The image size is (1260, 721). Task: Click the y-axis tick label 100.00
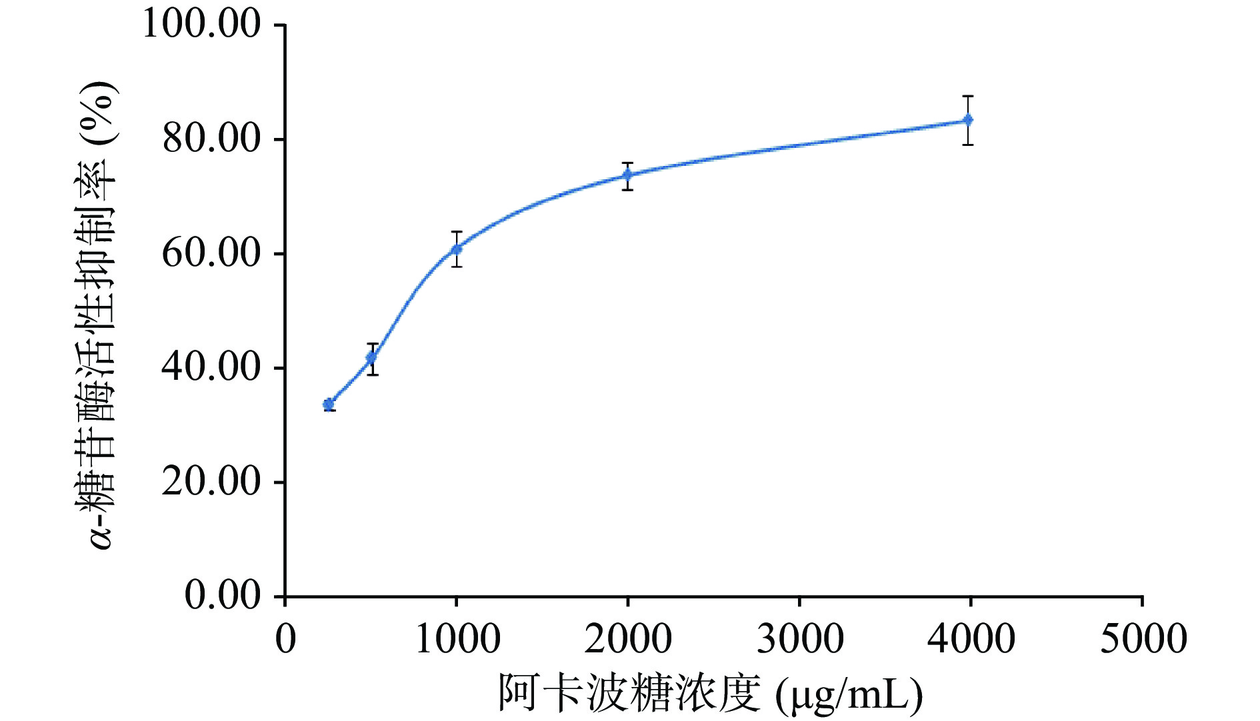click(x=201, y=25)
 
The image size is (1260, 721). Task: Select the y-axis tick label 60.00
click(x=211, y=253)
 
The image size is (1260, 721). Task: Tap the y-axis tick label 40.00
click(x=211, y=367)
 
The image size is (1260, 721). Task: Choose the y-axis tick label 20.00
click(x=211, y=482)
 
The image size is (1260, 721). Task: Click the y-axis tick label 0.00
click(x=222, y=595)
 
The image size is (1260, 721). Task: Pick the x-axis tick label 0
click(x=285, y=638)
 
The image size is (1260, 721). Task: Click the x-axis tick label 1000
click(x=457, y=638)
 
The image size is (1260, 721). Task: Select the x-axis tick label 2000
click(x=628, y=638)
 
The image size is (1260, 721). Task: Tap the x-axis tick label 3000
click(x=799, y=638)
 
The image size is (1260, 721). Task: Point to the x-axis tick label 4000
click(x=971, y=638)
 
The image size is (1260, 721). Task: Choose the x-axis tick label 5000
click(x=1143, y=638)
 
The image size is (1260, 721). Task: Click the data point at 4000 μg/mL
click(x=968, y=121)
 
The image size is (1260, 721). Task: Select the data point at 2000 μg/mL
click(x=627, y=175)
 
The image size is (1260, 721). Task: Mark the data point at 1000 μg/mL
click(x=457, y=249)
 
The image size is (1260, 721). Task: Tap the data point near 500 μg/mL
click(x=371, y=358)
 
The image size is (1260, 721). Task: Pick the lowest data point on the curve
click(x=329, y=404)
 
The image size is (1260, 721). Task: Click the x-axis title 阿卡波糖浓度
click(x=629, y=694)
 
